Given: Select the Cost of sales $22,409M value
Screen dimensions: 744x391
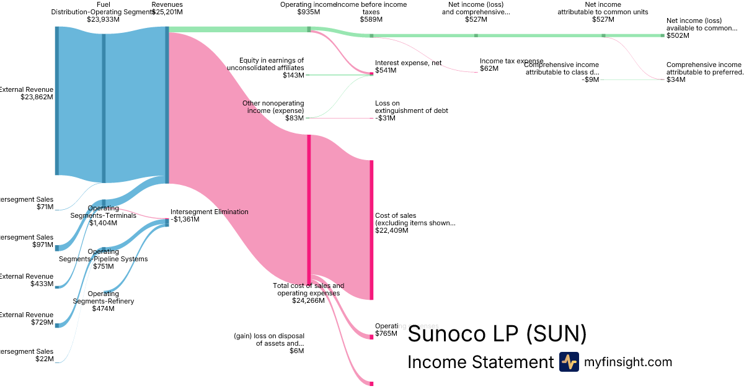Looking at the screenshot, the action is [x=392, y=230].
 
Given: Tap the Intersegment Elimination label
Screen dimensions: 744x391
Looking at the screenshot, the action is [x=209, y=212].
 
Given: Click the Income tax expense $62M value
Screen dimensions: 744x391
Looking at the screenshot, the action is [x=489, y=68].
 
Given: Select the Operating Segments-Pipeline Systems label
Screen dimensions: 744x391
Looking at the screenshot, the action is [x=103, y=259].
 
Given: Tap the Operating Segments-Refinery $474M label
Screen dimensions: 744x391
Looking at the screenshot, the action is [x=103, y=301].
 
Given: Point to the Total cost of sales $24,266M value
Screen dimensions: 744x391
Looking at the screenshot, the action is [x=308, y=300].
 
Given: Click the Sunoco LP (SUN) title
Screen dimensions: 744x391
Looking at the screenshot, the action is [x=497, y=335].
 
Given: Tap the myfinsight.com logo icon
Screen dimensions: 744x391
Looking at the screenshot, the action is [x=569, y=362].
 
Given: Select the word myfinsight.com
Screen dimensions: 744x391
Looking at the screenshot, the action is [x=628, y=362].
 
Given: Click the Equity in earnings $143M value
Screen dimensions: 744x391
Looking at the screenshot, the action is [x=293, y=75].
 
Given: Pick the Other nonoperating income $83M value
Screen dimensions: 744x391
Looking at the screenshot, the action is [x=294, y=118].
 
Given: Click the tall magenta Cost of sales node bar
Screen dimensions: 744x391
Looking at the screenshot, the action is [x=371, y=230].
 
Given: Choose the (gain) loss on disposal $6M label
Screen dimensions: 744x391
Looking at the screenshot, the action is [x=269, y=343].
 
